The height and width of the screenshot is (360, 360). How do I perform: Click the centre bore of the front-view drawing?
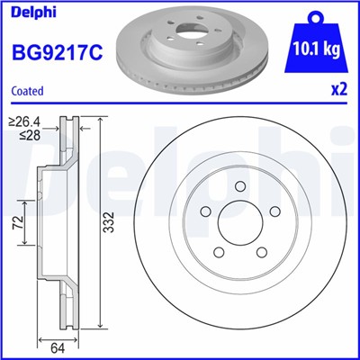tap(241, 229)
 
